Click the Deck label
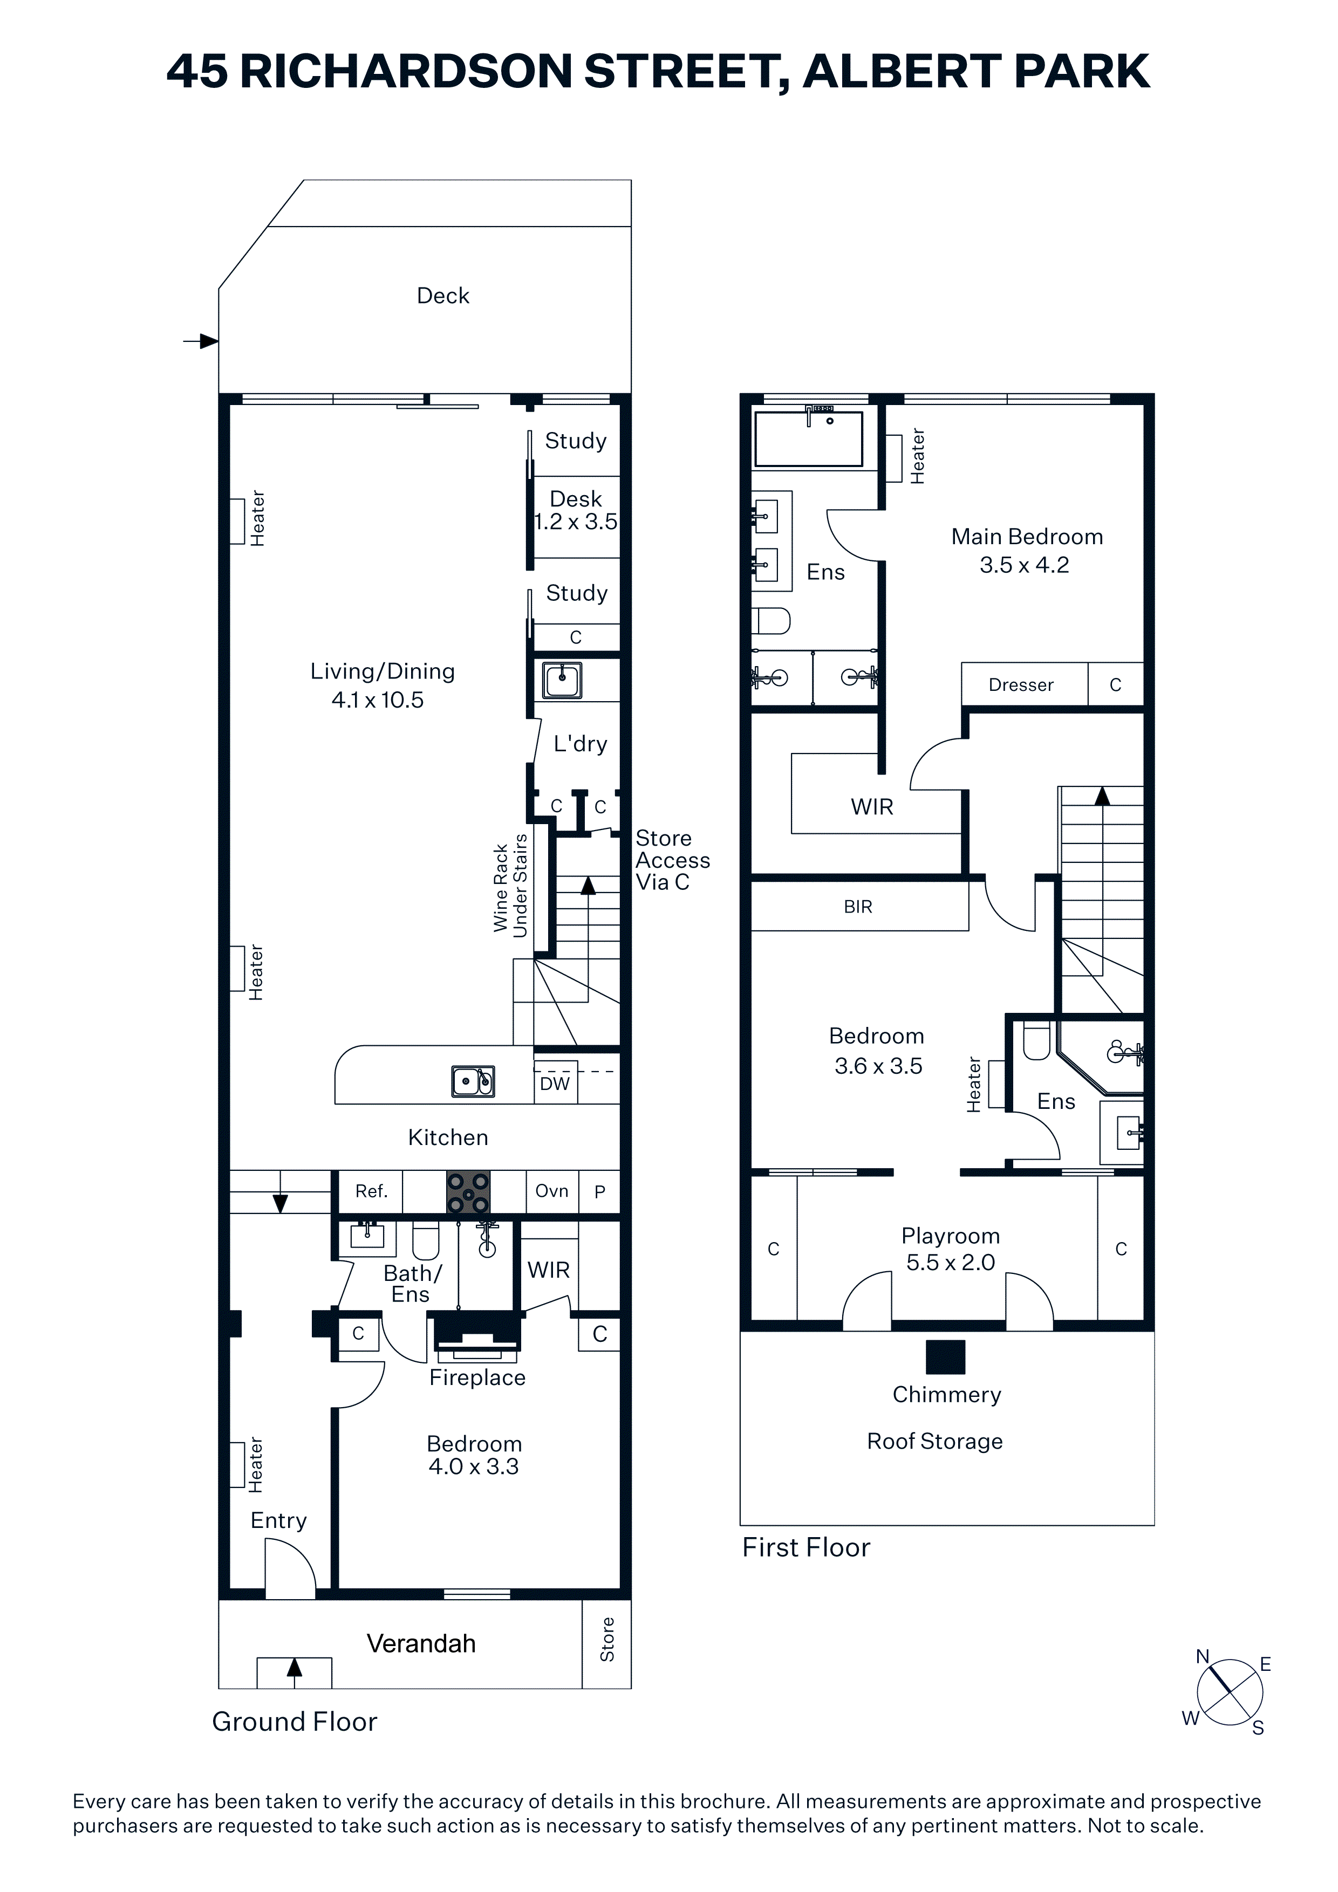(x=443, y=296)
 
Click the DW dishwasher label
(x=555, y=1084)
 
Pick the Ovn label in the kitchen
(x=551, y=1191)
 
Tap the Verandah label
(x=421, y=1643)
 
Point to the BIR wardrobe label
(x=858, y=907)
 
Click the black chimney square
(x=946, y=1357)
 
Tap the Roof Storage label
(x=935, y=1441)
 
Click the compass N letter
(x=1203, y=1656)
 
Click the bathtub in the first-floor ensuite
(x=809, y=439)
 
